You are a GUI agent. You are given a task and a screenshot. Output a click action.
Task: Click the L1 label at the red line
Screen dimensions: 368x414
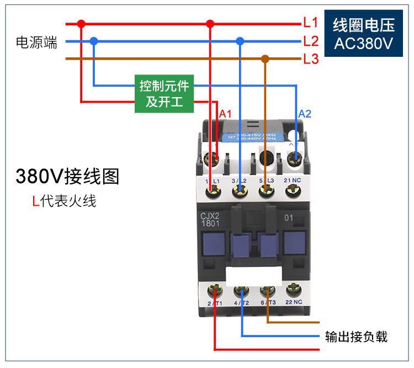(x=311, y=23)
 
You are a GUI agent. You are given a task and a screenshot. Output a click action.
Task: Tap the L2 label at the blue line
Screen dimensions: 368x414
(x=311, y=41)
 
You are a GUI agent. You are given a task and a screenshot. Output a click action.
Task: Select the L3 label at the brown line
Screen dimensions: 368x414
(x=311, y=58)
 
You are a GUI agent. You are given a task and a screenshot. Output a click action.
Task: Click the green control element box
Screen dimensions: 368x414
(x=164, y=94)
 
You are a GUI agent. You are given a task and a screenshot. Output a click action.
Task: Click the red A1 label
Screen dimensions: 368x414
(x=225, y=114)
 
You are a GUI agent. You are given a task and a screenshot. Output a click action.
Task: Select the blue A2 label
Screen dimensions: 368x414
(x=305, y=114)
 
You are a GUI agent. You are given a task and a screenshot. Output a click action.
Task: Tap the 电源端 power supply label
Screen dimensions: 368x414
(x=36, y=42)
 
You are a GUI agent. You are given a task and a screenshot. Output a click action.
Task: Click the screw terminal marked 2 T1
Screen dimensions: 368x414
(x=214, y=291)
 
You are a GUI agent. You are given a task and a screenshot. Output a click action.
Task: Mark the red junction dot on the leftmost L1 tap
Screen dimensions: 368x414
(x=81, y=24)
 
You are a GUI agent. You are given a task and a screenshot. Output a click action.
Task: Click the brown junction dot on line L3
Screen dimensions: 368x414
(x=266, y=58)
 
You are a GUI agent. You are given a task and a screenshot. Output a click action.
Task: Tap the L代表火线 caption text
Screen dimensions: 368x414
(x=64, y=201)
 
